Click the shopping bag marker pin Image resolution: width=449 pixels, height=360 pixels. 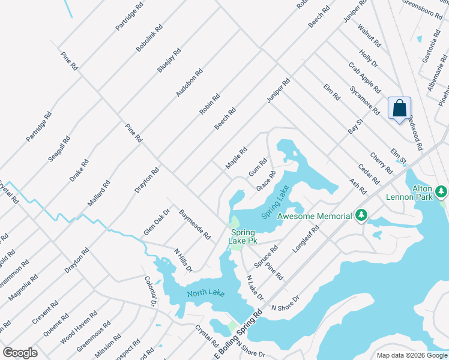(x=399, y=109)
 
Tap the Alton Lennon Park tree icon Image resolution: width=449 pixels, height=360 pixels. (x=442, y=192)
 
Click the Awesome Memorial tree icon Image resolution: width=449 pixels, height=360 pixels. (x=361, y=215)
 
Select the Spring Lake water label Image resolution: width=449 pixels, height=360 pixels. (x=276, y=202)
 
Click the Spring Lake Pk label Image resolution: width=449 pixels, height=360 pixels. (x=242, y=236)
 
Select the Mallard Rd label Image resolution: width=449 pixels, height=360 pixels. (x=99, y=194)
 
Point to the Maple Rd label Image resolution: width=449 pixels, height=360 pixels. (x=236, y=159)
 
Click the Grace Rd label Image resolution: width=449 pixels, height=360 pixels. (x=266, y=181)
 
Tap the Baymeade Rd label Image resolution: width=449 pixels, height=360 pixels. (x=194, y=224)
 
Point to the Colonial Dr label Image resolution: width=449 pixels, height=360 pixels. (x=149, y=290)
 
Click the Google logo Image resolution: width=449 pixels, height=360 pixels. (x=20, y=353)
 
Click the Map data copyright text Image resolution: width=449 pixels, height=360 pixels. (x=412, y=355)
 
